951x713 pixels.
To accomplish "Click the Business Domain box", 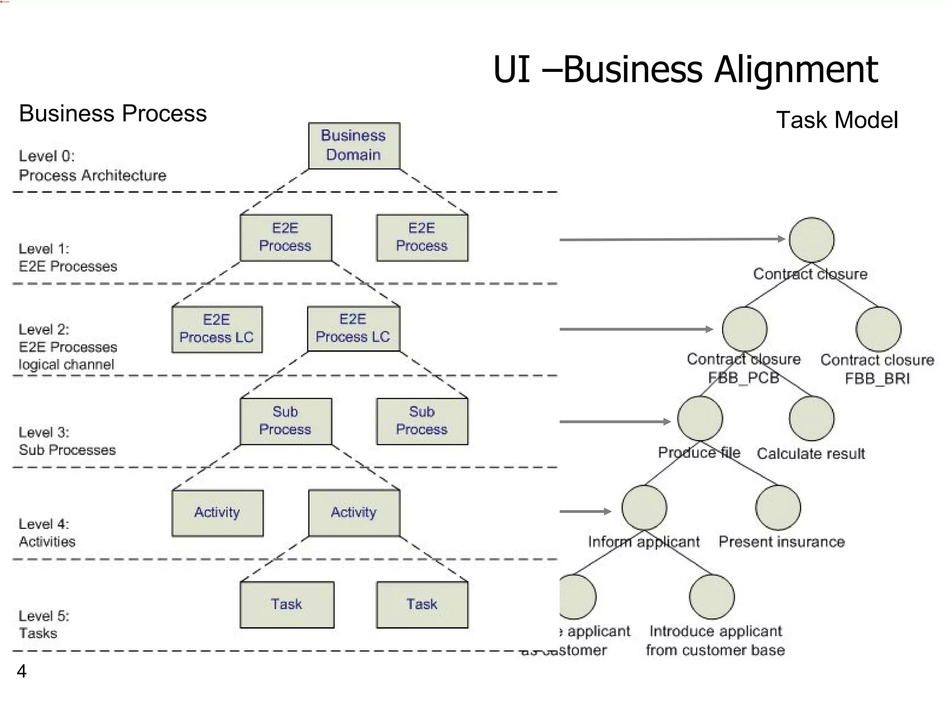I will (354, 145).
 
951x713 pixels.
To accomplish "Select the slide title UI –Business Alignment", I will (685, 70).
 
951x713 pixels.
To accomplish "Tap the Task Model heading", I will (837, 120).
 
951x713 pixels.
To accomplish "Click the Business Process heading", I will (113, 113).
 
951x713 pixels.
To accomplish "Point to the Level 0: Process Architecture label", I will (92, 166).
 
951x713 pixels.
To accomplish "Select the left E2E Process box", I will (286, 237).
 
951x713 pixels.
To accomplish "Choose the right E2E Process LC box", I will (353, 328).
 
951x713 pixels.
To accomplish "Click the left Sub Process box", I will (286, 421).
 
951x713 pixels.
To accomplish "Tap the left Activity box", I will (217, 513).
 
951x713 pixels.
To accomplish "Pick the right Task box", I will (422, 604).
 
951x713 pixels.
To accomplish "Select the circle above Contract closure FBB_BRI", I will (878, 329).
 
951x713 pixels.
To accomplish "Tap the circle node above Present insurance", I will (778, 507).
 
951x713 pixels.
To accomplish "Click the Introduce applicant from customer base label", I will (715, 641).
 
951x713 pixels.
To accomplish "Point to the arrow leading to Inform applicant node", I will (585, 511).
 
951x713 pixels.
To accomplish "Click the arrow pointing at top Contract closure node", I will (671, 240).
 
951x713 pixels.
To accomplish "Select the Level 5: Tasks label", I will (44, 625).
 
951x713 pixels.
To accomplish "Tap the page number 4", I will (21, 671).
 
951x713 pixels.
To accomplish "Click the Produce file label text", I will (699, 453).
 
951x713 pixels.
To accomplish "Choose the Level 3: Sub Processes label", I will (67, 441).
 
